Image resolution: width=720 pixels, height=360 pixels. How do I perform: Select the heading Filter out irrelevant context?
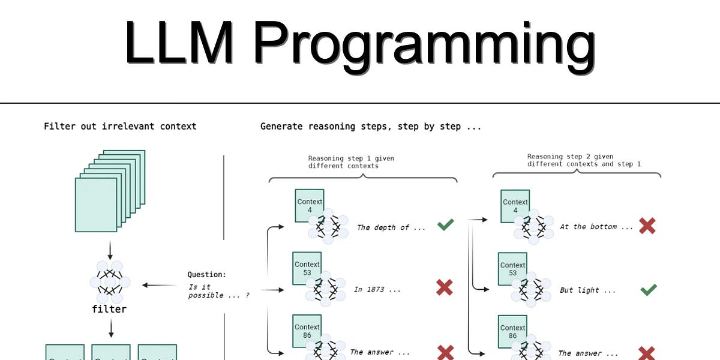tap(120, 127)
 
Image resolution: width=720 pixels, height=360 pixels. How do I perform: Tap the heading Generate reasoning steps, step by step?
tap(370, 127)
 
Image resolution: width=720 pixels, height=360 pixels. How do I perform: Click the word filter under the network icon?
tap(109, 309)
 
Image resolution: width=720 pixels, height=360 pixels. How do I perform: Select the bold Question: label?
tap(207, 275)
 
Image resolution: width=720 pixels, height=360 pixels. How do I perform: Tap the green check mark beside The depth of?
tap(445, 226)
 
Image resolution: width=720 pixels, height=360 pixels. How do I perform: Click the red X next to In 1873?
tap(444, 289)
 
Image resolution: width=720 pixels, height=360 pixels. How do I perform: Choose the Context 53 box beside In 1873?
tap(307, 268)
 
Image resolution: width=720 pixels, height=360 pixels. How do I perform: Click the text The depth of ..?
tap(391, 227)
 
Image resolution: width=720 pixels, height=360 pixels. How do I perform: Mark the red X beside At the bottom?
tap(647, 226)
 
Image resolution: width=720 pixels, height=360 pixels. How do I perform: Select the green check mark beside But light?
tap(648, 290)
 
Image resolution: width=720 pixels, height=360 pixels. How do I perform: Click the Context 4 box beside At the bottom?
tap(515, 206)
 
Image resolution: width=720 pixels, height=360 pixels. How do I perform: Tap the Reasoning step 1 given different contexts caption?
tap(351, 162)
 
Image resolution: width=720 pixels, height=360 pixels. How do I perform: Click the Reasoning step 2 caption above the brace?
tap(584, 160)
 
